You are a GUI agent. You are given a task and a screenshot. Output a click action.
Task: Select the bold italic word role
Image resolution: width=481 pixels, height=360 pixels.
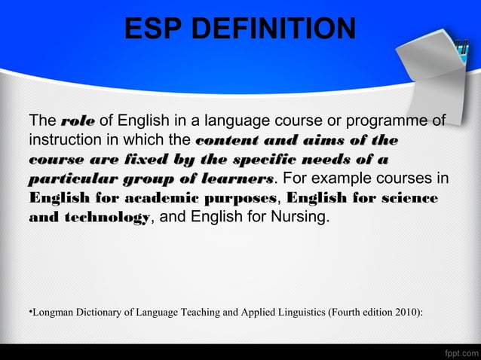point(77,121)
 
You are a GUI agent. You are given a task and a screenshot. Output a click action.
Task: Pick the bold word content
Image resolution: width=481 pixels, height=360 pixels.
point(225,141)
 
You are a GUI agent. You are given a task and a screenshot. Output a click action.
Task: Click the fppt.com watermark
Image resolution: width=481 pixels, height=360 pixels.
point(460,351)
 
